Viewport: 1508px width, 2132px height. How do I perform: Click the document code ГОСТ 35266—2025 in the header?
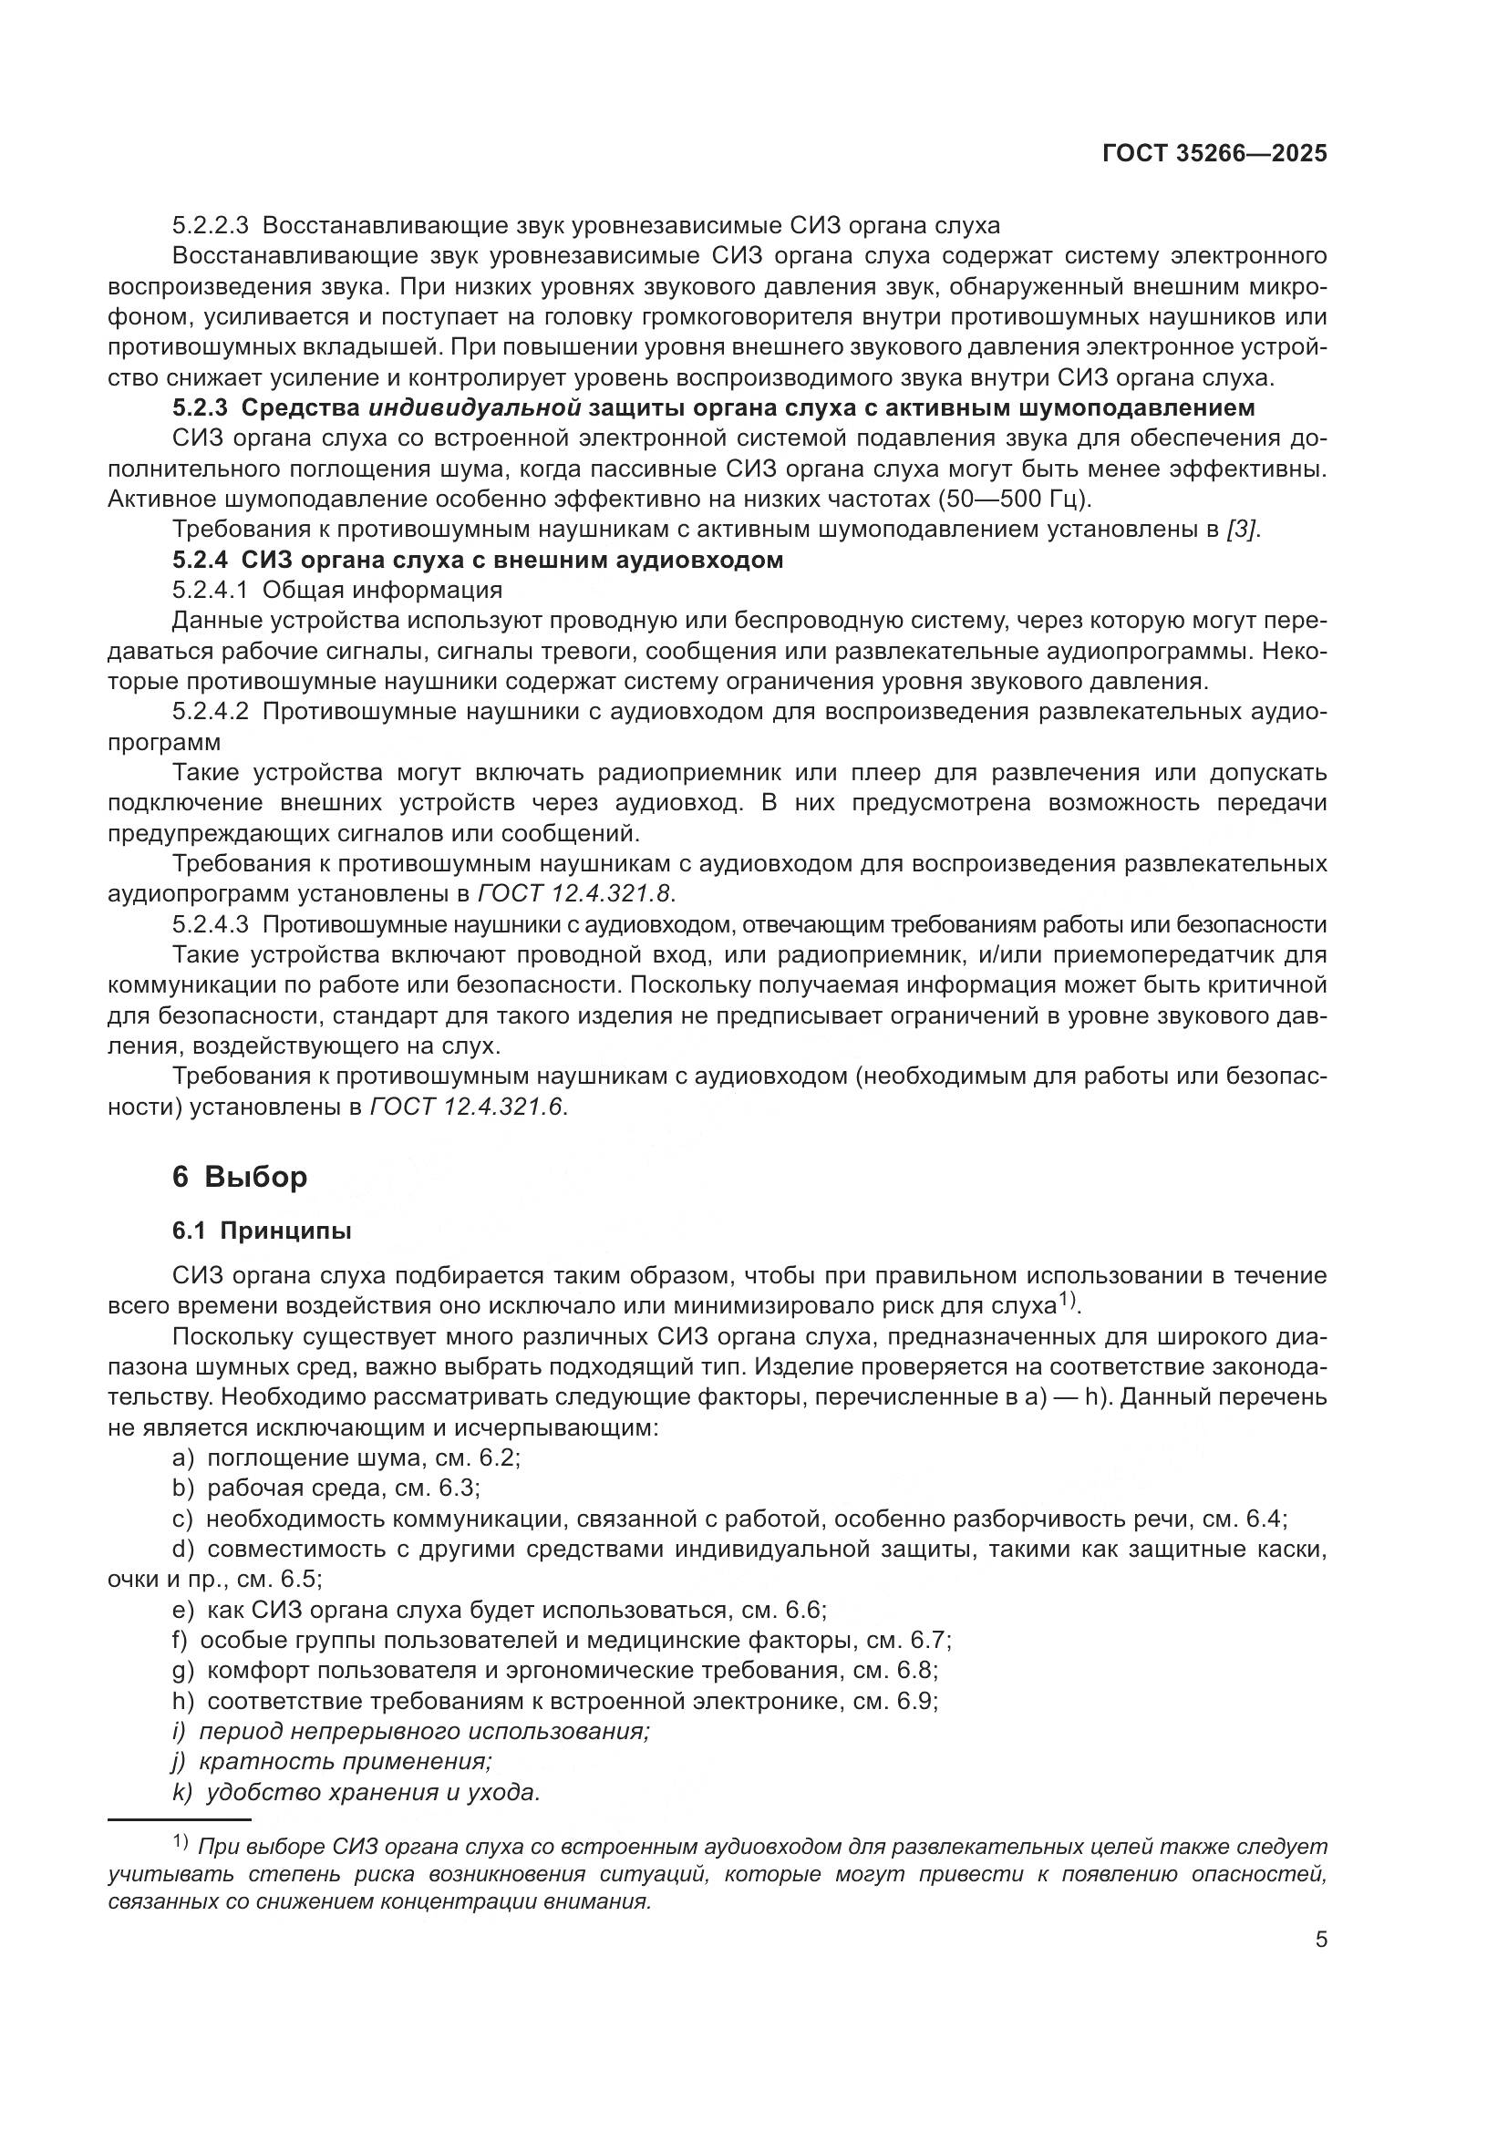pyautogui.click(x=1214, y=154)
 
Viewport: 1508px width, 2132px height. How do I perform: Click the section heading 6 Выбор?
pyautogui.click(x=240, y=1178)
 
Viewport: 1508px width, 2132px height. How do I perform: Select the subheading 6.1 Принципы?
pyautogui.click(x=262, y=1231)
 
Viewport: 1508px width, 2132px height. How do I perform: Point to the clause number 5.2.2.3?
pyautogui.click(x=211, y=226)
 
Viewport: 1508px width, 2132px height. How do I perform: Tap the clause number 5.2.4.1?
pyautogui.click(x=211, y=591)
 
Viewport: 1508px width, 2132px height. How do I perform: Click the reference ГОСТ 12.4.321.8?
pyautogui.click(x=575, y=894)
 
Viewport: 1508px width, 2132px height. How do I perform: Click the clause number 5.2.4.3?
pyautogui.click(x=211, y=925)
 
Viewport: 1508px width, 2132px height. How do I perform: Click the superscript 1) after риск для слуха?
pyautogui.click(x=1069, y=1302)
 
